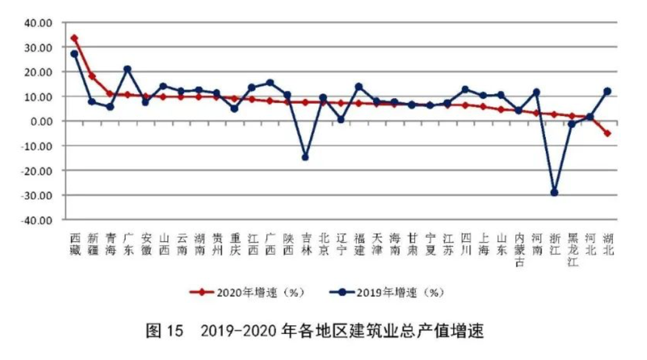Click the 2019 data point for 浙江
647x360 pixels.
554,192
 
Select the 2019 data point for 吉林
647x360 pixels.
305,157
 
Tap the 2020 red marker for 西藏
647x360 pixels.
75,38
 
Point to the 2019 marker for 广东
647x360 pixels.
128,69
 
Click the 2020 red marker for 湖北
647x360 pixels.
607,133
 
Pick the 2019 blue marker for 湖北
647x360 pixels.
607,91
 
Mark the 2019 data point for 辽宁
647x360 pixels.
341,119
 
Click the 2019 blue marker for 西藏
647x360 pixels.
75,54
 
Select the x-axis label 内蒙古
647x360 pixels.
519,250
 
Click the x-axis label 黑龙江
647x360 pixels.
572,250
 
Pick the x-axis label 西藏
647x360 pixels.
75,245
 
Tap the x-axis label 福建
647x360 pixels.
359,245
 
